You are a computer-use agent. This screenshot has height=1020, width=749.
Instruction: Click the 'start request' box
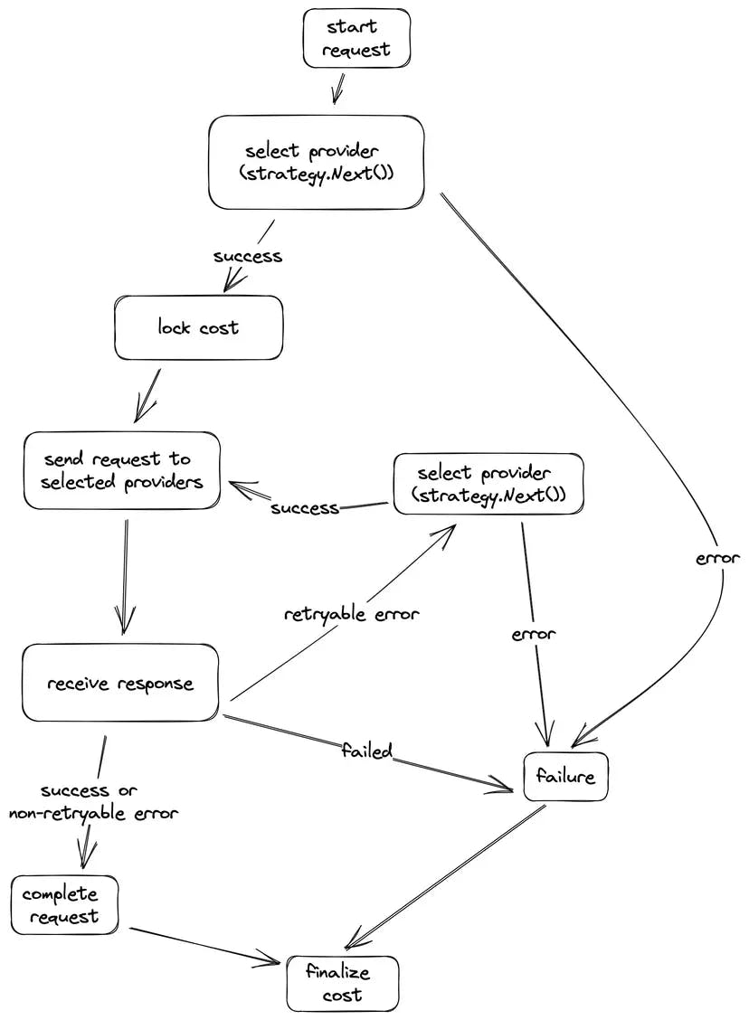click(x=356, y=38)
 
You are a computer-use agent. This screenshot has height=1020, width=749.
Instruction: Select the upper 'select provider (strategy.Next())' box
click(x=317, y=162)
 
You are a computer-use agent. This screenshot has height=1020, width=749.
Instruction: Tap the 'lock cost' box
click(x=198, y=327)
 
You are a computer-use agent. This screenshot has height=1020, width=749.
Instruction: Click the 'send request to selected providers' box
click(x=122, y=470)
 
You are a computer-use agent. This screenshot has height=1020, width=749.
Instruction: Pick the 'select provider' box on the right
click(x=488, y=485)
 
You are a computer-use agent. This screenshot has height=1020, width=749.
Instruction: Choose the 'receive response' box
click(x=120, y=683)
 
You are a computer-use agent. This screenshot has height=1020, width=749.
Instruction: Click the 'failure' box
click(x=565, y=776)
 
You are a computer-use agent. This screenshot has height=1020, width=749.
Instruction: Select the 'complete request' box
click(x=63, y=905)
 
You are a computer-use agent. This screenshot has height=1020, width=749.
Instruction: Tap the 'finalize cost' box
click(x=342, y=984)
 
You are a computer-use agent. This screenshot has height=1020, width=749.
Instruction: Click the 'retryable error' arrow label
click(x=352, y=615)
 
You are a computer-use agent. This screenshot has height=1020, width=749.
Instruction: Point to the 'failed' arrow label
click(x=366, y=750)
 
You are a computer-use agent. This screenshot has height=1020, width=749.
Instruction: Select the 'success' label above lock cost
click(x=248, y=256)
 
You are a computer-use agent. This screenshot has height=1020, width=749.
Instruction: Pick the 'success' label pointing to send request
click(x=305, y=508)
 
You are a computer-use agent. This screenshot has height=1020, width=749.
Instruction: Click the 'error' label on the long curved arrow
click(x=718, y=559)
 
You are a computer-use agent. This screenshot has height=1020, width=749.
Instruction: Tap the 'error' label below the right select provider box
click(x=533, y=634)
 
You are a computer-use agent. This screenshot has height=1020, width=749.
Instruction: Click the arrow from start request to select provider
click(x=339, y=89)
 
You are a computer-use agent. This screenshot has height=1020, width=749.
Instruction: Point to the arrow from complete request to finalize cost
click(x=204, y=943)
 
